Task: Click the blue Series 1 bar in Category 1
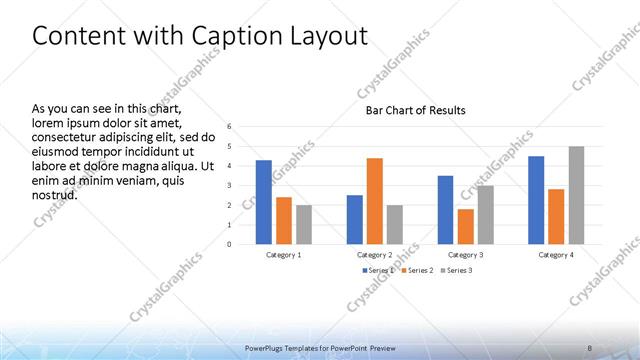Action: point(264,202)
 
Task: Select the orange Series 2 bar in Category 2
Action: point(374,201)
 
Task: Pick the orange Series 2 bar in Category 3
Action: point(465,226)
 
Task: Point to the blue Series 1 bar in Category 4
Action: point(536,200)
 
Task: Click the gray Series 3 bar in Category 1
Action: point(303,224)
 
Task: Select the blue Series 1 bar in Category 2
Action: point(354,219)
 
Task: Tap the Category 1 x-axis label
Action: point(284,255)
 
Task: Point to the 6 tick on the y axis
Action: point(229,127)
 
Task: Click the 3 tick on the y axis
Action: point(229,185)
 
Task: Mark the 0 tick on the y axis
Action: point(229,244)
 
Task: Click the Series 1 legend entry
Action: point(379,270)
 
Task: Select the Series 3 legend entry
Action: point(458,270)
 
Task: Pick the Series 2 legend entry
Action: point(418,270)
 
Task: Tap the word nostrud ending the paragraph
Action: point(55,196)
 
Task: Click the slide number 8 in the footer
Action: point(590,347)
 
